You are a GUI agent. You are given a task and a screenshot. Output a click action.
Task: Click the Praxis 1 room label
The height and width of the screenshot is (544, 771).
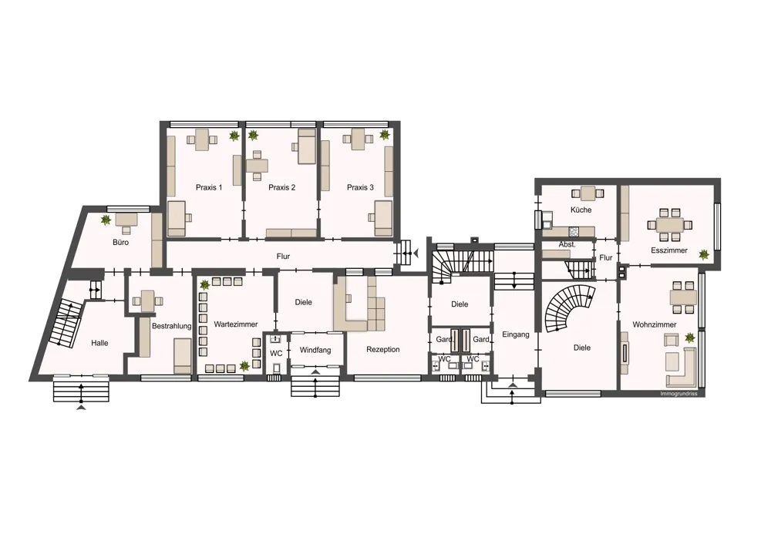209,187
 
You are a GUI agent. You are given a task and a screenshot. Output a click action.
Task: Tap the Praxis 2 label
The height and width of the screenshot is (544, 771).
281,187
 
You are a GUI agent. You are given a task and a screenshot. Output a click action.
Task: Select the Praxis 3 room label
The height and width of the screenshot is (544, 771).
360,187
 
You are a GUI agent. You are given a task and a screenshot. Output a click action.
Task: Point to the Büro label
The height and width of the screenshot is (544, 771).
120,242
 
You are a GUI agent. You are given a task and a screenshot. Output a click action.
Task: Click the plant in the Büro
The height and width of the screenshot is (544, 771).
106,220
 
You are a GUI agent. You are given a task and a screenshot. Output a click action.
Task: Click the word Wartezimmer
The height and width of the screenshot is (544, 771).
235,324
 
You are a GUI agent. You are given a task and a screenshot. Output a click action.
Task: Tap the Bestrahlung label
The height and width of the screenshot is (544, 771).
172,326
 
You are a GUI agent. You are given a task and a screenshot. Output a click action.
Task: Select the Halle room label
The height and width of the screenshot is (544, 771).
99,343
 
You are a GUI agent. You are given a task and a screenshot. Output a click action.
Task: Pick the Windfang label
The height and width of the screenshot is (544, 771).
315,351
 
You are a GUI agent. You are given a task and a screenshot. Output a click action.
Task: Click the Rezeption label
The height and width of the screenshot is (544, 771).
383,349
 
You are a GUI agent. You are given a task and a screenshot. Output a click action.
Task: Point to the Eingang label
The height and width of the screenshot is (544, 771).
516,334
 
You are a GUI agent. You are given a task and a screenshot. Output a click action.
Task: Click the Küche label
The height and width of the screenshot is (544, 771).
581,210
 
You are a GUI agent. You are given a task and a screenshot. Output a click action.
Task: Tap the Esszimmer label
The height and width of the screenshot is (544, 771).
669,250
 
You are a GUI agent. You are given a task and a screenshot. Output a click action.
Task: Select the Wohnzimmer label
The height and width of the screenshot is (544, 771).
655,324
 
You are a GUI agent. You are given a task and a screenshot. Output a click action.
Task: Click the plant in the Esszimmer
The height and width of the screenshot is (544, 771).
704,254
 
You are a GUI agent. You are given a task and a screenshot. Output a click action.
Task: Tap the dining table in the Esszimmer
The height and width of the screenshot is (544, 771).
670,225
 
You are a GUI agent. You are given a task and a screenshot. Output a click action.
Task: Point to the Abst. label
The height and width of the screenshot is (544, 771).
567,244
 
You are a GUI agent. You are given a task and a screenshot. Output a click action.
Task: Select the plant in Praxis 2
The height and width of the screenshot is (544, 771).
253,135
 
